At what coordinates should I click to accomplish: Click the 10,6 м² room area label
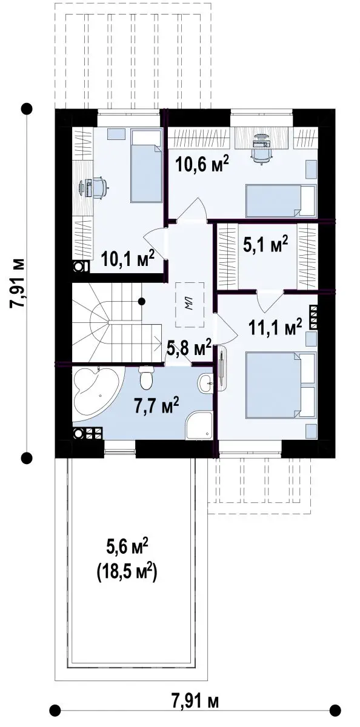[x=202, y=164]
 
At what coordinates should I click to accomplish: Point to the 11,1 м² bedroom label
[x=275, y=327]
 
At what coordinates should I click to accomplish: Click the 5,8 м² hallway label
[x=189, y=348]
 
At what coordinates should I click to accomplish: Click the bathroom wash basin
[x=206, y=383]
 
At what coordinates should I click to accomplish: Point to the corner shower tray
[x=199, y=426]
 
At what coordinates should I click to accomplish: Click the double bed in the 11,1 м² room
[x=281, y=385]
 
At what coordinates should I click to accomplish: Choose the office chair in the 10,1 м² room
[x=99, y=187]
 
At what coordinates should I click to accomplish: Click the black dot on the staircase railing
[x=141, y=302]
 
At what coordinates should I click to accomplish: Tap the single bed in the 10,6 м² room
[x=281, y=201]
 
